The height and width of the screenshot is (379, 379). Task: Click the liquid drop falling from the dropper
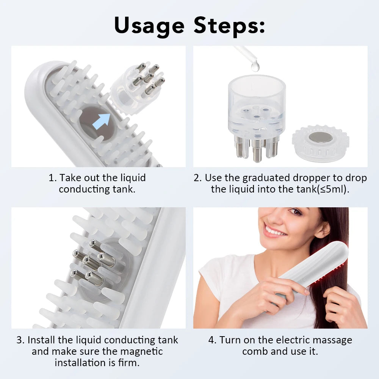point(255,66)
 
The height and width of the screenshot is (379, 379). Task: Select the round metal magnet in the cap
point(321,137)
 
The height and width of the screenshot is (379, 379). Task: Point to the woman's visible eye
point(295,212)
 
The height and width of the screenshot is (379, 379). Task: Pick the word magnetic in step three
point(141,351)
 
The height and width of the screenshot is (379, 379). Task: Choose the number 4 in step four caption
point(212,340)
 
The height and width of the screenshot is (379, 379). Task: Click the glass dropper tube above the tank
point(245,54)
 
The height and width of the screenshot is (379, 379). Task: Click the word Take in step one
point(70,178)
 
